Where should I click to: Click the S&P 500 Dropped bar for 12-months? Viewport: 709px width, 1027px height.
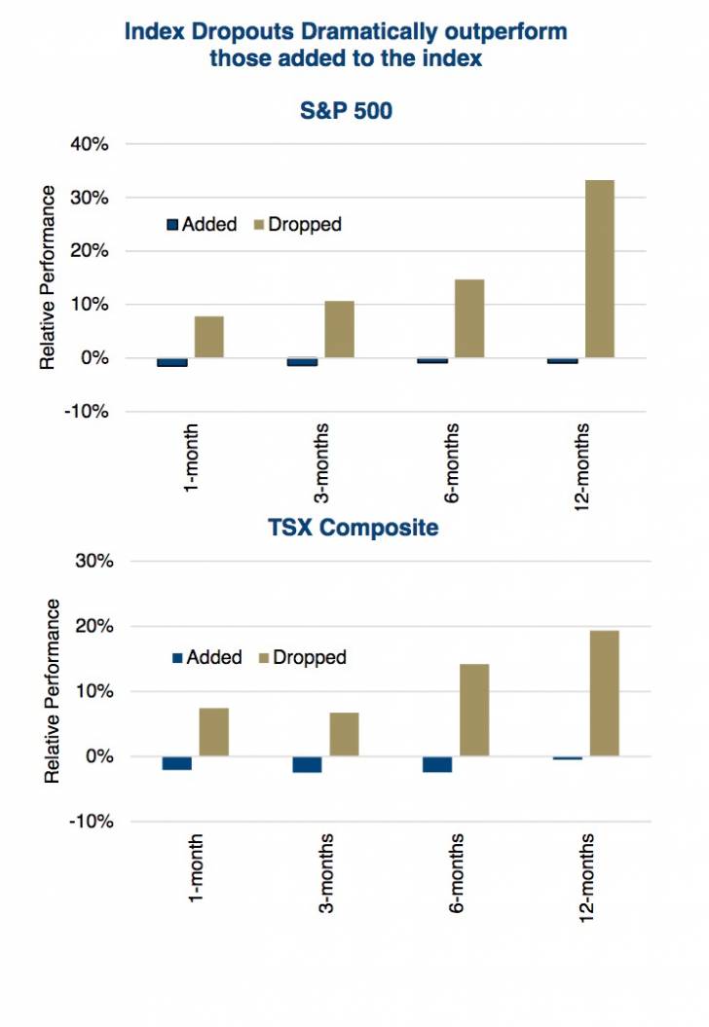pyautogui.click(x=600, y=269)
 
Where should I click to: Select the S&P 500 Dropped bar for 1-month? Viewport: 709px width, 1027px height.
pyautogui.click(x=209, y=337)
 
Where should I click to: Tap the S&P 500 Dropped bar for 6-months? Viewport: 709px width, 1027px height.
pyautogui.click(x=469, y=318)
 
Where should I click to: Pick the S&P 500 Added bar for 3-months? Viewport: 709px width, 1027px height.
pyautogui.click(x=303, y=362)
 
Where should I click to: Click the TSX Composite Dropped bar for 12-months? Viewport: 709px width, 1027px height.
pyautogui.click(x=604, y=693)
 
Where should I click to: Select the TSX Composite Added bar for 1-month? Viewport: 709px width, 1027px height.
pyautogui.click(x=177, y=763)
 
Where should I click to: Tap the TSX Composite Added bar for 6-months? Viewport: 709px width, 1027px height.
pyautogui.click(x=437, y=764)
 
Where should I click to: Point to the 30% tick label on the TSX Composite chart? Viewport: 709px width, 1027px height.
pyautogui.click(x=96, y=562)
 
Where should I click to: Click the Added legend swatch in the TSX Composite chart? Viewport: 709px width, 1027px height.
pyautogui.click(x=177, y=658)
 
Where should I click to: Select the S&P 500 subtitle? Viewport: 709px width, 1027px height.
pyautogui.click(x=346, y=110)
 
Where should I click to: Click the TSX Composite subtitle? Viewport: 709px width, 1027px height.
pyautogui.click(x=354, y=529)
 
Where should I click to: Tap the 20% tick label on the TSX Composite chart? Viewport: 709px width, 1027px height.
pyautogui.click(x=96, y=627)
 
